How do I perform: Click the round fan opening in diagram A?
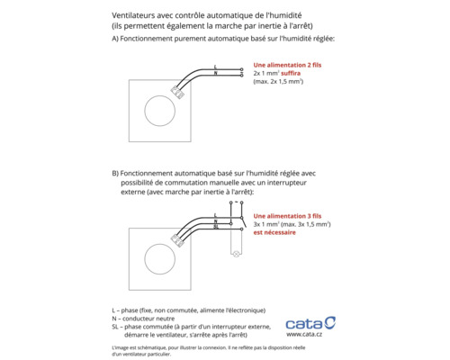pos(162,113)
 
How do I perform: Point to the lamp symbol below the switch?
pos(237,255)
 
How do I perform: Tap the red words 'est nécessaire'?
pos(274,232)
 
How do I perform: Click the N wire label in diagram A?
pos(217,74)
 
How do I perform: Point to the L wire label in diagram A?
pos(217,67)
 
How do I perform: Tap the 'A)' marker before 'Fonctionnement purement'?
pos(115,40)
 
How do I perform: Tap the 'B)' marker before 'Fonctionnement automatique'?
pos(115,173)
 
